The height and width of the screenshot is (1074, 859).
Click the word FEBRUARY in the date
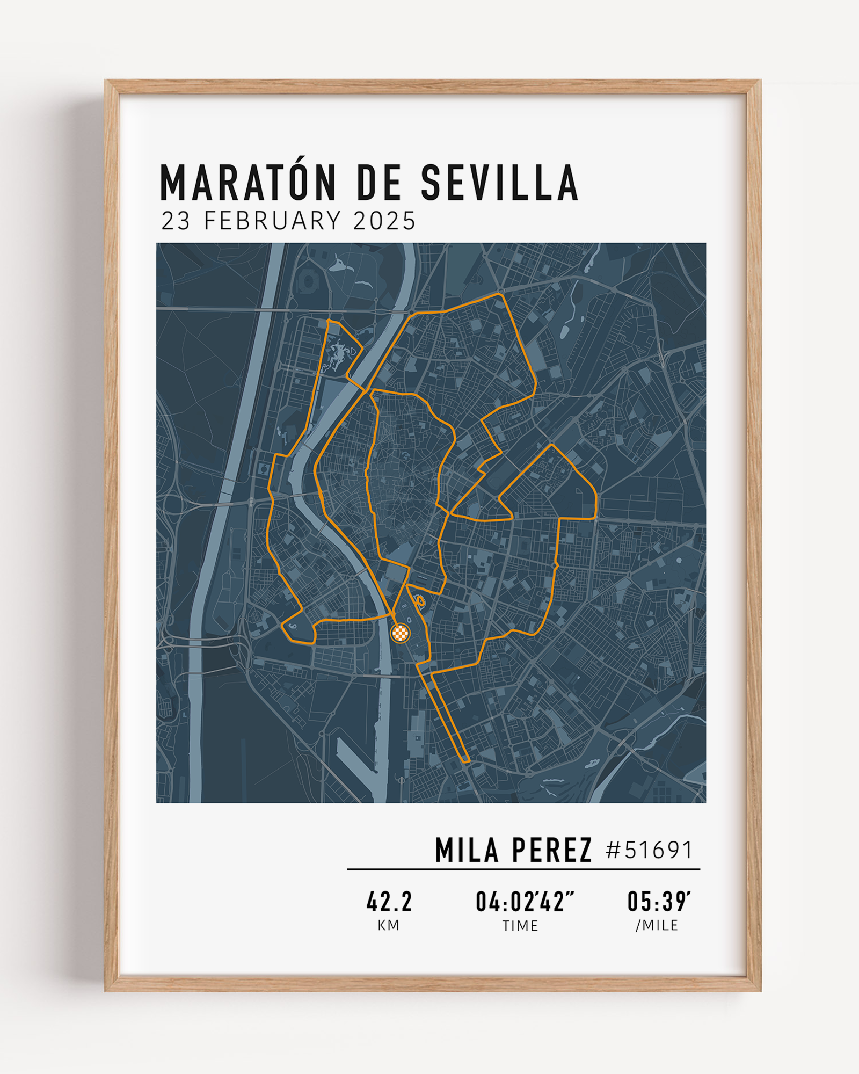272,221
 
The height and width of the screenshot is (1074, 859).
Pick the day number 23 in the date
176,221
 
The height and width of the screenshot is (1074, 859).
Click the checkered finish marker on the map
400,633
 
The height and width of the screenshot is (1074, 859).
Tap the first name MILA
467,851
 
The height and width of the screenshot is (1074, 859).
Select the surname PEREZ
552,851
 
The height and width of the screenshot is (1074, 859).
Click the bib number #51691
649,851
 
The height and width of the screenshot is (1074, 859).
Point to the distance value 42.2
389,902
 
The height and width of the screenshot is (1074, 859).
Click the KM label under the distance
389,925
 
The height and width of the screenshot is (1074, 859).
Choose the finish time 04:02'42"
525,902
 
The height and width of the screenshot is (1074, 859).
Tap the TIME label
520,926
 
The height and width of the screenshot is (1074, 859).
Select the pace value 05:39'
659,902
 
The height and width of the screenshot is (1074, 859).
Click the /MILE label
657,925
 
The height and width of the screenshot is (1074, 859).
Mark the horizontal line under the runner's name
523,869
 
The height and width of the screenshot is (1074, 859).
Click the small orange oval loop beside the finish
421,600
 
